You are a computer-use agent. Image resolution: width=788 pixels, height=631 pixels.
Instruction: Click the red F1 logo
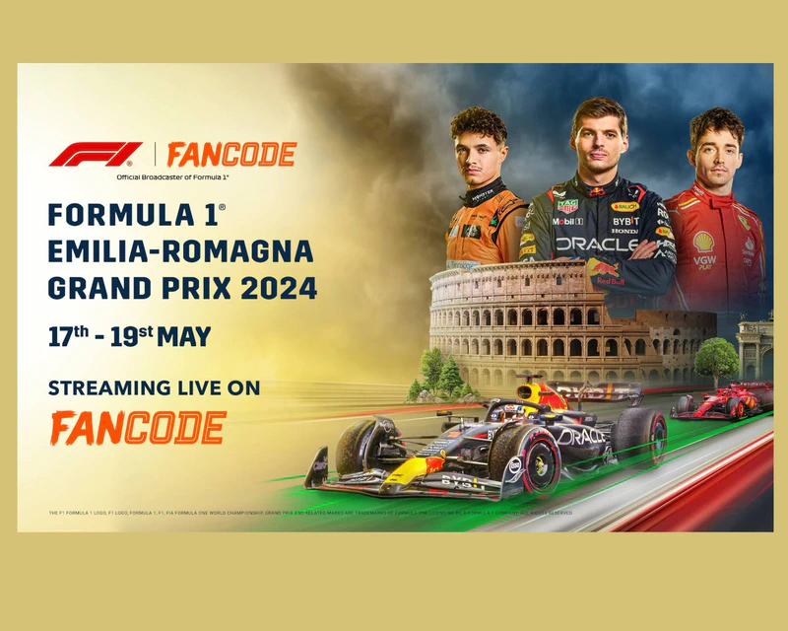pos(96,155)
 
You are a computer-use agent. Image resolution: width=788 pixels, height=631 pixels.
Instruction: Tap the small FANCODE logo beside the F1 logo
pos(230,155)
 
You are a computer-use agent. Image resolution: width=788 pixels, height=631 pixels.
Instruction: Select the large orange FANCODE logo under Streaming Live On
pos(138,427)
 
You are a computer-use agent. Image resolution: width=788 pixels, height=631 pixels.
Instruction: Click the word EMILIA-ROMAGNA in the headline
pos(180,252)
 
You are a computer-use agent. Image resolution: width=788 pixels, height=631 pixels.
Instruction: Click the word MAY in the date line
pos(183,336)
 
